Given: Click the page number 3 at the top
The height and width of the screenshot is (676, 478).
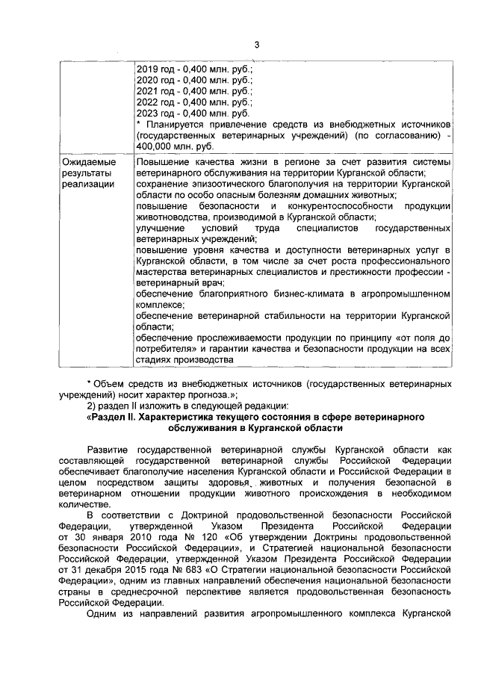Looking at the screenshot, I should (x=255, y=44).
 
